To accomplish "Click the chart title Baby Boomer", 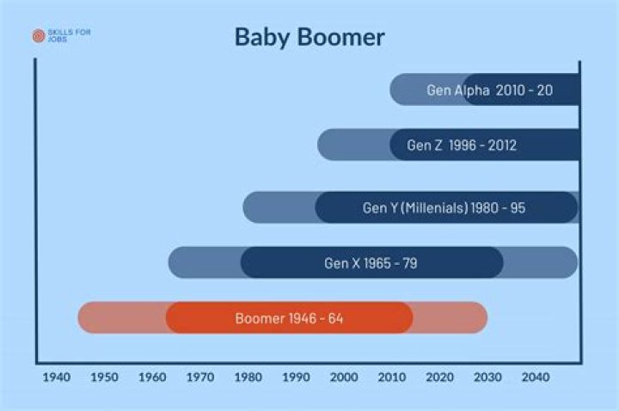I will [309, 37].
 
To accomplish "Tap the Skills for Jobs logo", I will [61, 36].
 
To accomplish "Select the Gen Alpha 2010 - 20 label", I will [489, 89].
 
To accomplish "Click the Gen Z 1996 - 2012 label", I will [462, 145].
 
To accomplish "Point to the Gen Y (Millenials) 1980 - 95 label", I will [444, 208].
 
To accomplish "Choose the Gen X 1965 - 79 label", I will [371, 263].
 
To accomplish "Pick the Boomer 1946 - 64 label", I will [289, 318].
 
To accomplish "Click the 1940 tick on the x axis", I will [56, 377].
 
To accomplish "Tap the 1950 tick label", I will [104, 377].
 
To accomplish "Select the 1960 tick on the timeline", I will [152, 377].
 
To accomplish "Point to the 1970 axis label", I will [199, 377].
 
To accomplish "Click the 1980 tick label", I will [248, 377].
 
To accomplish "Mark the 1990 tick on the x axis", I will [296, 377].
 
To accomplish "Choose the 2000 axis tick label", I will [344, 377].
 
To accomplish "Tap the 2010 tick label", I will [392, 377].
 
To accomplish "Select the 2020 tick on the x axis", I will [439, 377].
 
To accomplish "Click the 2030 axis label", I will [487, 377].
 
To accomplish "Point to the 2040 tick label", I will [536, 377].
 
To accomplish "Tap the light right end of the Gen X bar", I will [542, 263].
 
